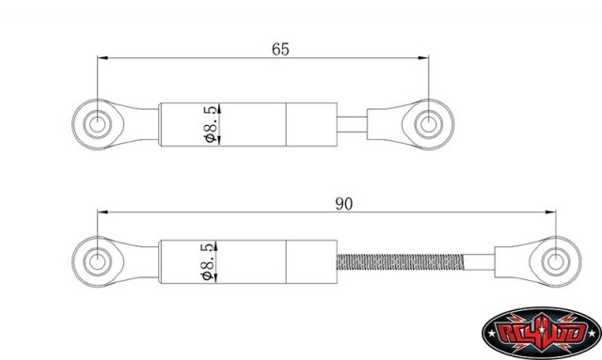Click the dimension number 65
click(280, 49)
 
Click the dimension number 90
click(343, 204)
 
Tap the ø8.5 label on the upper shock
click(211, 125)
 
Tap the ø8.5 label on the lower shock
click(208, 261)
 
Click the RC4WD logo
click(542, 333)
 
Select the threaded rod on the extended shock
click(400, 261)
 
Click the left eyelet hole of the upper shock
click(98, 124)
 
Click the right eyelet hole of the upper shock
click(429, 124)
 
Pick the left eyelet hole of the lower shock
click(98, 261)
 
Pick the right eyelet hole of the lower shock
click(555, 261)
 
